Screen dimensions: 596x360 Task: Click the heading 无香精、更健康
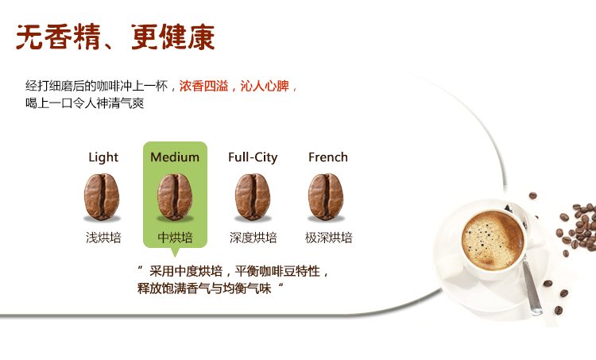click(x=115, y=37)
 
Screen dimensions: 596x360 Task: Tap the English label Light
click(x=103, y=157)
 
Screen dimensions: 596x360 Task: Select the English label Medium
click(x=175, y=157)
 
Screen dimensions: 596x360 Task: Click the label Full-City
click(x=253, y=157)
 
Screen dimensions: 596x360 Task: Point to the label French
click(x=328, y=157)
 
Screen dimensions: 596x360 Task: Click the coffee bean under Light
click(x=102, y=196)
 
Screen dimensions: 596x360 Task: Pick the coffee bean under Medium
click(x=175, y=196)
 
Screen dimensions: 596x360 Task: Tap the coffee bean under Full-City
click(x=253, y=196)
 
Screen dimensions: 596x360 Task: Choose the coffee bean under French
click(x=326, y=196)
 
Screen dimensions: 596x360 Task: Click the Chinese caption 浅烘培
click(x=103, y=238)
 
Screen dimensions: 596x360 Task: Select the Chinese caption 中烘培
click(x=176, y=238)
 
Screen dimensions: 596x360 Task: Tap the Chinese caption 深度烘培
click(x=253, y=238)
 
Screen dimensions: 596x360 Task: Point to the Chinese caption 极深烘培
click(x=329, y=238)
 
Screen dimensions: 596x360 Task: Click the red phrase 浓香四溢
click(x=203, y=86)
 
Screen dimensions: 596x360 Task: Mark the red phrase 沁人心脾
click(x=265, y=86)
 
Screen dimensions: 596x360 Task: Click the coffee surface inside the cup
click(x=493, y=240)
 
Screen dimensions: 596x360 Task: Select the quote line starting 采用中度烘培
click(x=233, y=272)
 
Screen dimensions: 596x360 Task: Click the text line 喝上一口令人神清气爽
click(x=85, y=103)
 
